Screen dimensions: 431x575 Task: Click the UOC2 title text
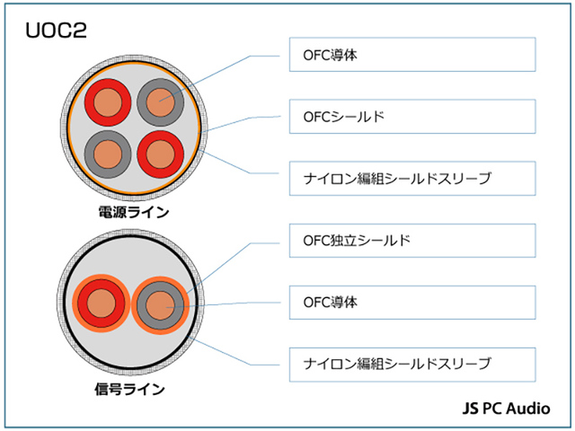55,32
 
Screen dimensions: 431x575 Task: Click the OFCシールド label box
411,117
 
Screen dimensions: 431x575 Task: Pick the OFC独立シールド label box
411,242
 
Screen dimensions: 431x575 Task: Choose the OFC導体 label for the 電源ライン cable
411,55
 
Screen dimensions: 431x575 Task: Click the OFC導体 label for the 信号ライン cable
411,303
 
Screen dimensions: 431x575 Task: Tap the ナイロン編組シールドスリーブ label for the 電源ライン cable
411,179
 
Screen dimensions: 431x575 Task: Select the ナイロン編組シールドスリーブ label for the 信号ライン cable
411,364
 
